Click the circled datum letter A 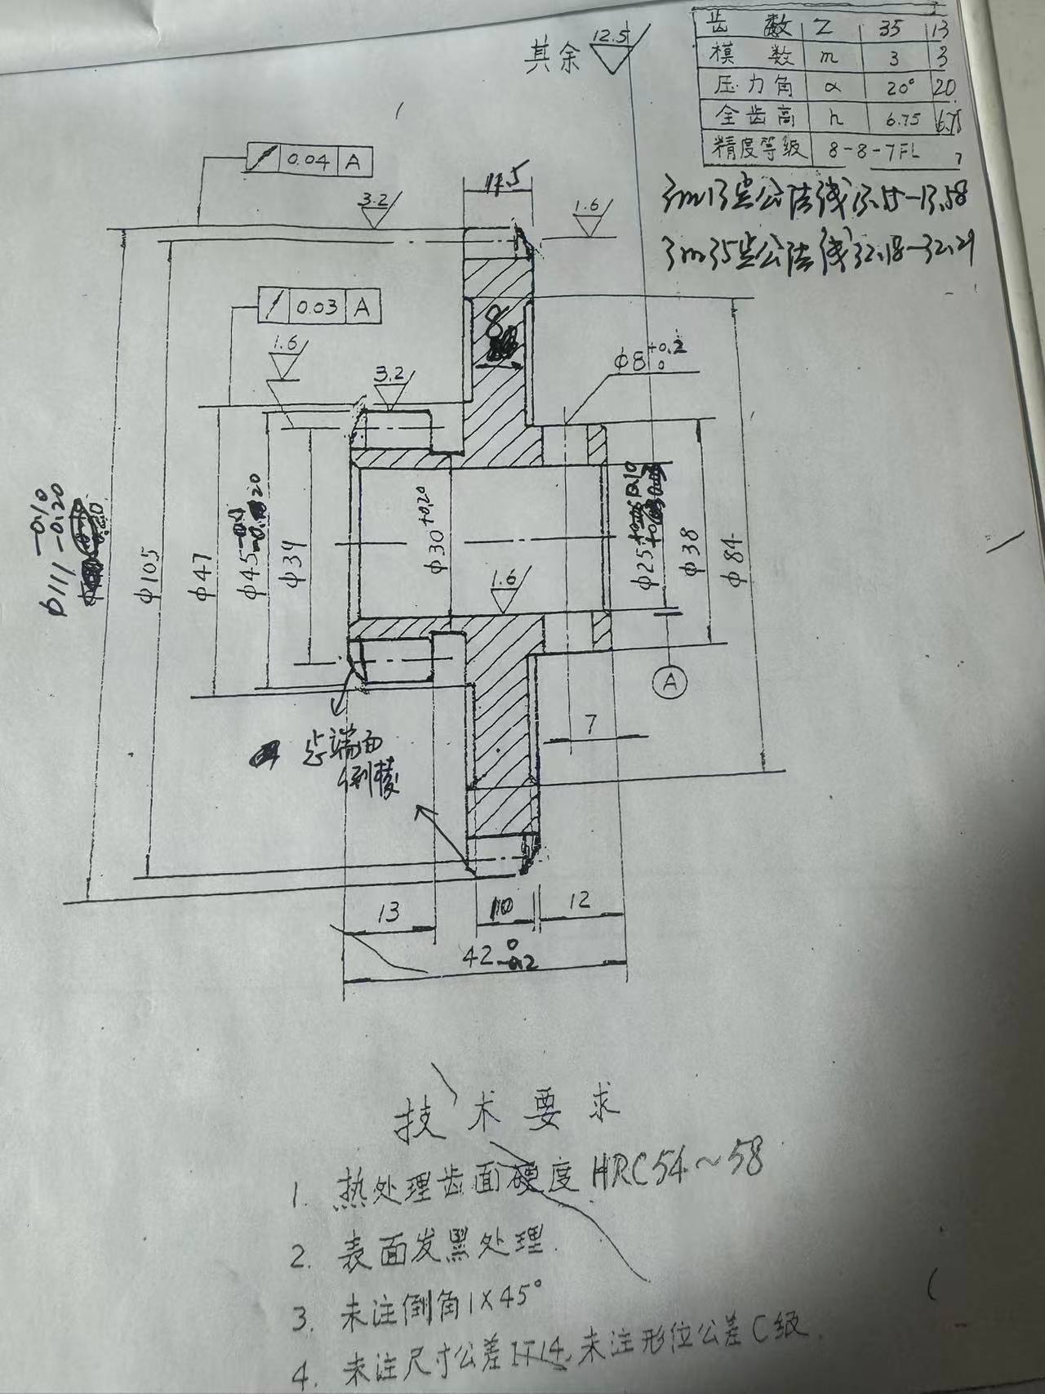(x=670, y=680)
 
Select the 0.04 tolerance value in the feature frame (x=309, y=160)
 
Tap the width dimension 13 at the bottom (x=390, y=911)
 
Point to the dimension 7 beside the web (x=591, y=723)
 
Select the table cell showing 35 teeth (x=889, y=28)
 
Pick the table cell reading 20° (x=900, y=87)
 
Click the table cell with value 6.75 (x=902, y=119)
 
